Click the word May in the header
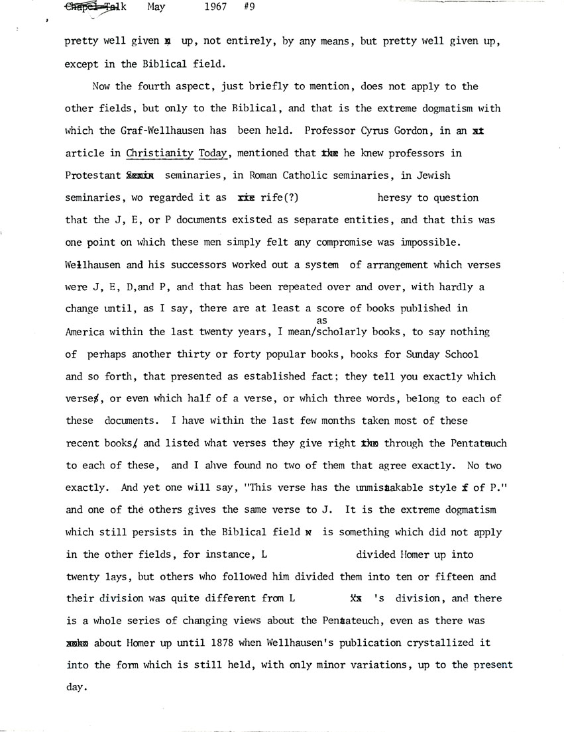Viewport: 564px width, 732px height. click(x=154, y=7)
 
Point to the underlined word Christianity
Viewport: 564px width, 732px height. click(x=160, y=153)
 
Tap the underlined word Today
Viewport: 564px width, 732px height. click(x=212, y=153)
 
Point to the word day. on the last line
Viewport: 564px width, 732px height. click(x=76, y=688)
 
